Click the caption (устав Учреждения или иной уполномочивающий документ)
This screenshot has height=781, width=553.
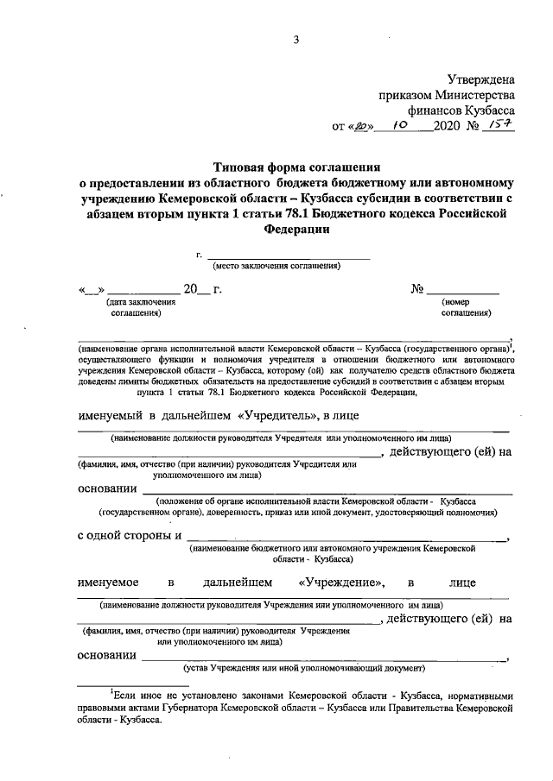(303, 668)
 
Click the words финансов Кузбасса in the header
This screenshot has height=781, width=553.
(468, 110)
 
